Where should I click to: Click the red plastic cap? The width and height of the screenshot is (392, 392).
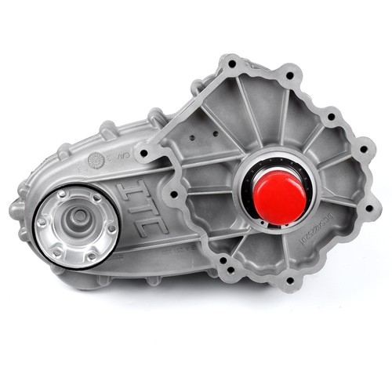click(x=280, y=197)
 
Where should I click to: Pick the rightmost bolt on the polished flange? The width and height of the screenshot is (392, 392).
click(x=111, y=227)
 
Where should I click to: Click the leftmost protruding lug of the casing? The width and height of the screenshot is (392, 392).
click(x=16, y=210)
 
